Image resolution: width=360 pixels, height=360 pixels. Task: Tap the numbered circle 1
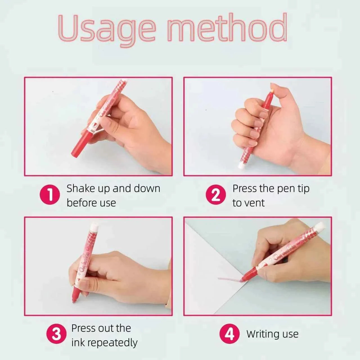tap(49, 195)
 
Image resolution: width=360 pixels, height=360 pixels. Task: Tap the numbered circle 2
tap(215, 195)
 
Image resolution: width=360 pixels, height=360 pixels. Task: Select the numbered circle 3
tap(56, 334)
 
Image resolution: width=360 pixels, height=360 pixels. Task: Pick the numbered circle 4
tap(229, 334)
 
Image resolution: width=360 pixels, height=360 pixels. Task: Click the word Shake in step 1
tap(80, 188)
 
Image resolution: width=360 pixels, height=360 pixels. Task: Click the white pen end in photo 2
tap(241, 165)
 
